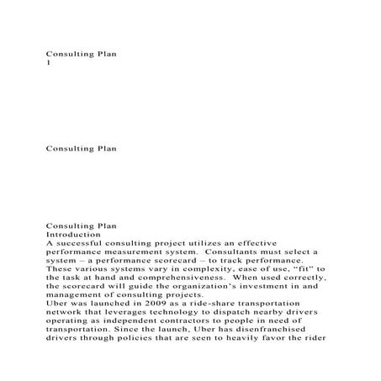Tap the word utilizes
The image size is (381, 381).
[218, 242]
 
